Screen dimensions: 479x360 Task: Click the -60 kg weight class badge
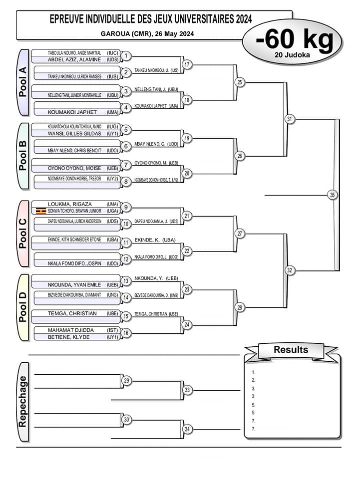pos(294,40)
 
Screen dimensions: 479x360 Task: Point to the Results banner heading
pos(291,350)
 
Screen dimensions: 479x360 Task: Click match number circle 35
pos(333,195)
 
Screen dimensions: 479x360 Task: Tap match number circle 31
pos(290,119)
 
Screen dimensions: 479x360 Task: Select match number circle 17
pos(187,65)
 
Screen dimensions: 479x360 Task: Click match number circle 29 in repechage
pos(127,381)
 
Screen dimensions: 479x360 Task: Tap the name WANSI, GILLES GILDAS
pos(74,134)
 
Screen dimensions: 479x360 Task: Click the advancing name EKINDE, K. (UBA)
pos(155,239)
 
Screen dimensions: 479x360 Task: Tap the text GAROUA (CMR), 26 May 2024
pos(147,34)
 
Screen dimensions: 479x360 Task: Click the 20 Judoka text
pos(292,55)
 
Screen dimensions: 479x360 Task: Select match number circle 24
pos(187,325)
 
